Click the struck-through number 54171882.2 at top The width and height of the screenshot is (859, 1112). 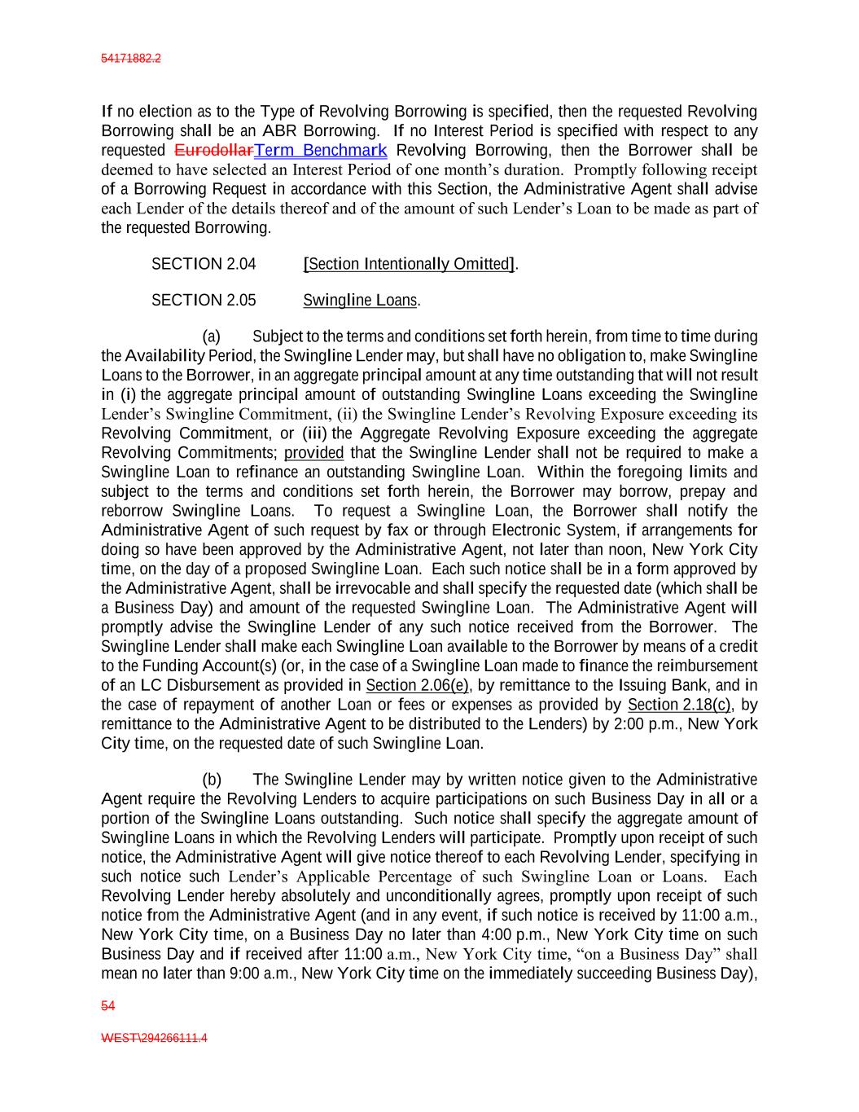(130, 59)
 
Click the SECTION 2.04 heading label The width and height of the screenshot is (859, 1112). (204, 265)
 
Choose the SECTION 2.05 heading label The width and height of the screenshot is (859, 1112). (204, 301)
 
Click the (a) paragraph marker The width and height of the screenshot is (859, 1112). (212, 337)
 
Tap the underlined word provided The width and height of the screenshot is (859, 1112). (313, 453)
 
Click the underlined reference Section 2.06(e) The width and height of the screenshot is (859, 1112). (418, 686)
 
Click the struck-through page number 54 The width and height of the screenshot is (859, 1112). (107, 1006)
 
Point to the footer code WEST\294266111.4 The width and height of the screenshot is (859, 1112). (154, 1039)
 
